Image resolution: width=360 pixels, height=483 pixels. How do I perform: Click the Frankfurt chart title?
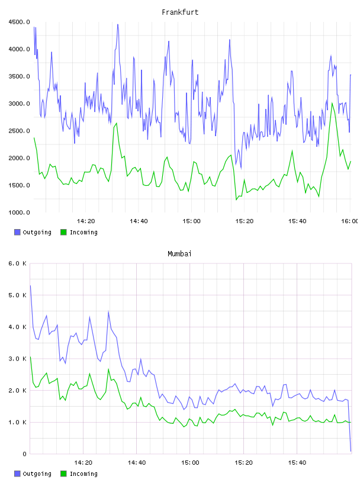pos(180,12)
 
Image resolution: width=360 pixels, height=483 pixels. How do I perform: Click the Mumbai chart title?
pos(179,254)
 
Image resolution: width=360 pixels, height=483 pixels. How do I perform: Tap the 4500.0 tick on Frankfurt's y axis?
pos(20,22)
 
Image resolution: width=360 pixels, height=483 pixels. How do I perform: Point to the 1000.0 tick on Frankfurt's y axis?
pos(20,212)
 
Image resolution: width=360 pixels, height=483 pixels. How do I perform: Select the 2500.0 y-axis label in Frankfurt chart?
pos(20,131)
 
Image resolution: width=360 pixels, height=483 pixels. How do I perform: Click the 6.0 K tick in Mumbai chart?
pos(18,263)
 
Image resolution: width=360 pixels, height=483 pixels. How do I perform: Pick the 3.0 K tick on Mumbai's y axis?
pos(18,359)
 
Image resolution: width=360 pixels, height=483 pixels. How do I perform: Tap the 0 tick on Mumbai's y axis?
pos(24,454)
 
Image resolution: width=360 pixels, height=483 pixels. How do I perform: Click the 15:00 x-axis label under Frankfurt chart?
pos(191,221)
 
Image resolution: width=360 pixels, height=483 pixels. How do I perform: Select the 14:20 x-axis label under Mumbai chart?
pos(83,462)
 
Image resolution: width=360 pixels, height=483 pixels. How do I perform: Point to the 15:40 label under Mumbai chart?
pos(297,462)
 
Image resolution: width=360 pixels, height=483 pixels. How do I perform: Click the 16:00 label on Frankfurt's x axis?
pos(349,221)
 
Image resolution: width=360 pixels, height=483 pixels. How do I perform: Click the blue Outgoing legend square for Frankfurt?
pos(17,232)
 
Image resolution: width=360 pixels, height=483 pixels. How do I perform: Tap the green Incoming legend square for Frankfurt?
pos(63,232)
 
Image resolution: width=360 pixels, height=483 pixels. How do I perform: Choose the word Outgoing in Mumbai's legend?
pos(37,474)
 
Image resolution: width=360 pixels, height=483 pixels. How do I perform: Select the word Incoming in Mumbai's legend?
pos(83,474)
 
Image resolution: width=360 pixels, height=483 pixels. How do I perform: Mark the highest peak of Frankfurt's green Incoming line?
pos(332,103)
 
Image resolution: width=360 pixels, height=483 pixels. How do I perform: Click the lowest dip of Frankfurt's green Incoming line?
pos(236,200)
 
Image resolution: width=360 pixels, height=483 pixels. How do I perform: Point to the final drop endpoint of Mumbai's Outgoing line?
pos(351,451)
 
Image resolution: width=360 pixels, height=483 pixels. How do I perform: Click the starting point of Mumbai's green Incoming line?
pos(30,357)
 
